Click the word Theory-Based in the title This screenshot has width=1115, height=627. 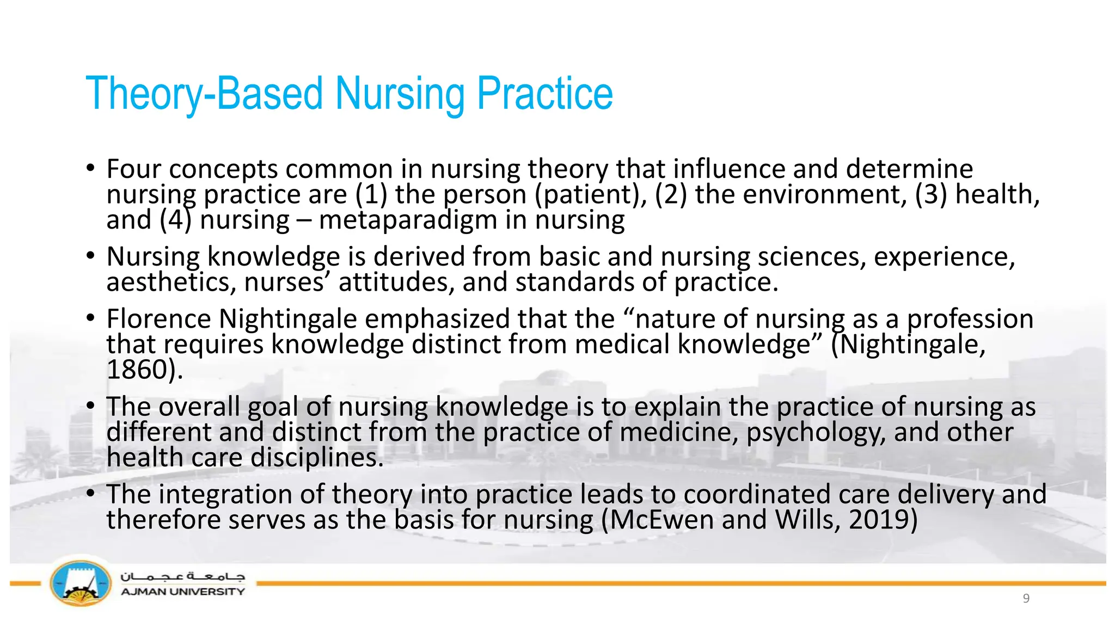click(204, 94)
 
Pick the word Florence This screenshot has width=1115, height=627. click(158, 319)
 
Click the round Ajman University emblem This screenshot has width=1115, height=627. click(81, 583)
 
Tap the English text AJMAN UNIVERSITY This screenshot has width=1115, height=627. click(183, 592)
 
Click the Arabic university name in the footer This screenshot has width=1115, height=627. click(183, 576)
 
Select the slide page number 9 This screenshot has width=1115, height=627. click(1026, 599)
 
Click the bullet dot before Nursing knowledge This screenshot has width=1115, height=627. click(91, 255)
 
